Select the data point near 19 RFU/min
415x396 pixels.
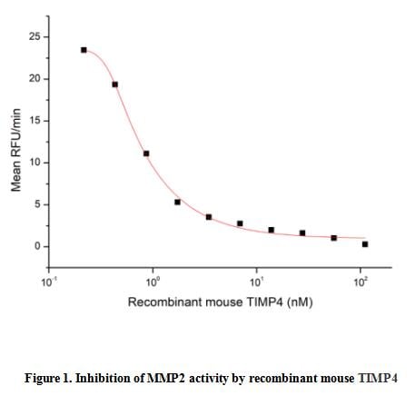(114, 84)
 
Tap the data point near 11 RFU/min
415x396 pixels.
(146, 153)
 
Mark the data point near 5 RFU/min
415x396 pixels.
(177, 202)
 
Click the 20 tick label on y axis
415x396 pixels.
(35, 79)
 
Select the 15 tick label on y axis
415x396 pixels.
(35, 121)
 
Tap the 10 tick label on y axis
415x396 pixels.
(35, 163)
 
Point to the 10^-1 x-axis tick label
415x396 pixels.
(50, 282)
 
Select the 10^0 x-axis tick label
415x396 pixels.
(153, 282)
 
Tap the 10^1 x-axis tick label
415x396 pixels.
(257, 282)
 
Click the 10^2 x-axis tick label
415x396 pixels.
(361, 282)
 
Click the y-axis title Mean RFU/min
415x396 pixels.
(15, 144)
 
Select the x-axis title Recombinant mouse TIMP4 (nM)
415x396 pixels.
(220, 302)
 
